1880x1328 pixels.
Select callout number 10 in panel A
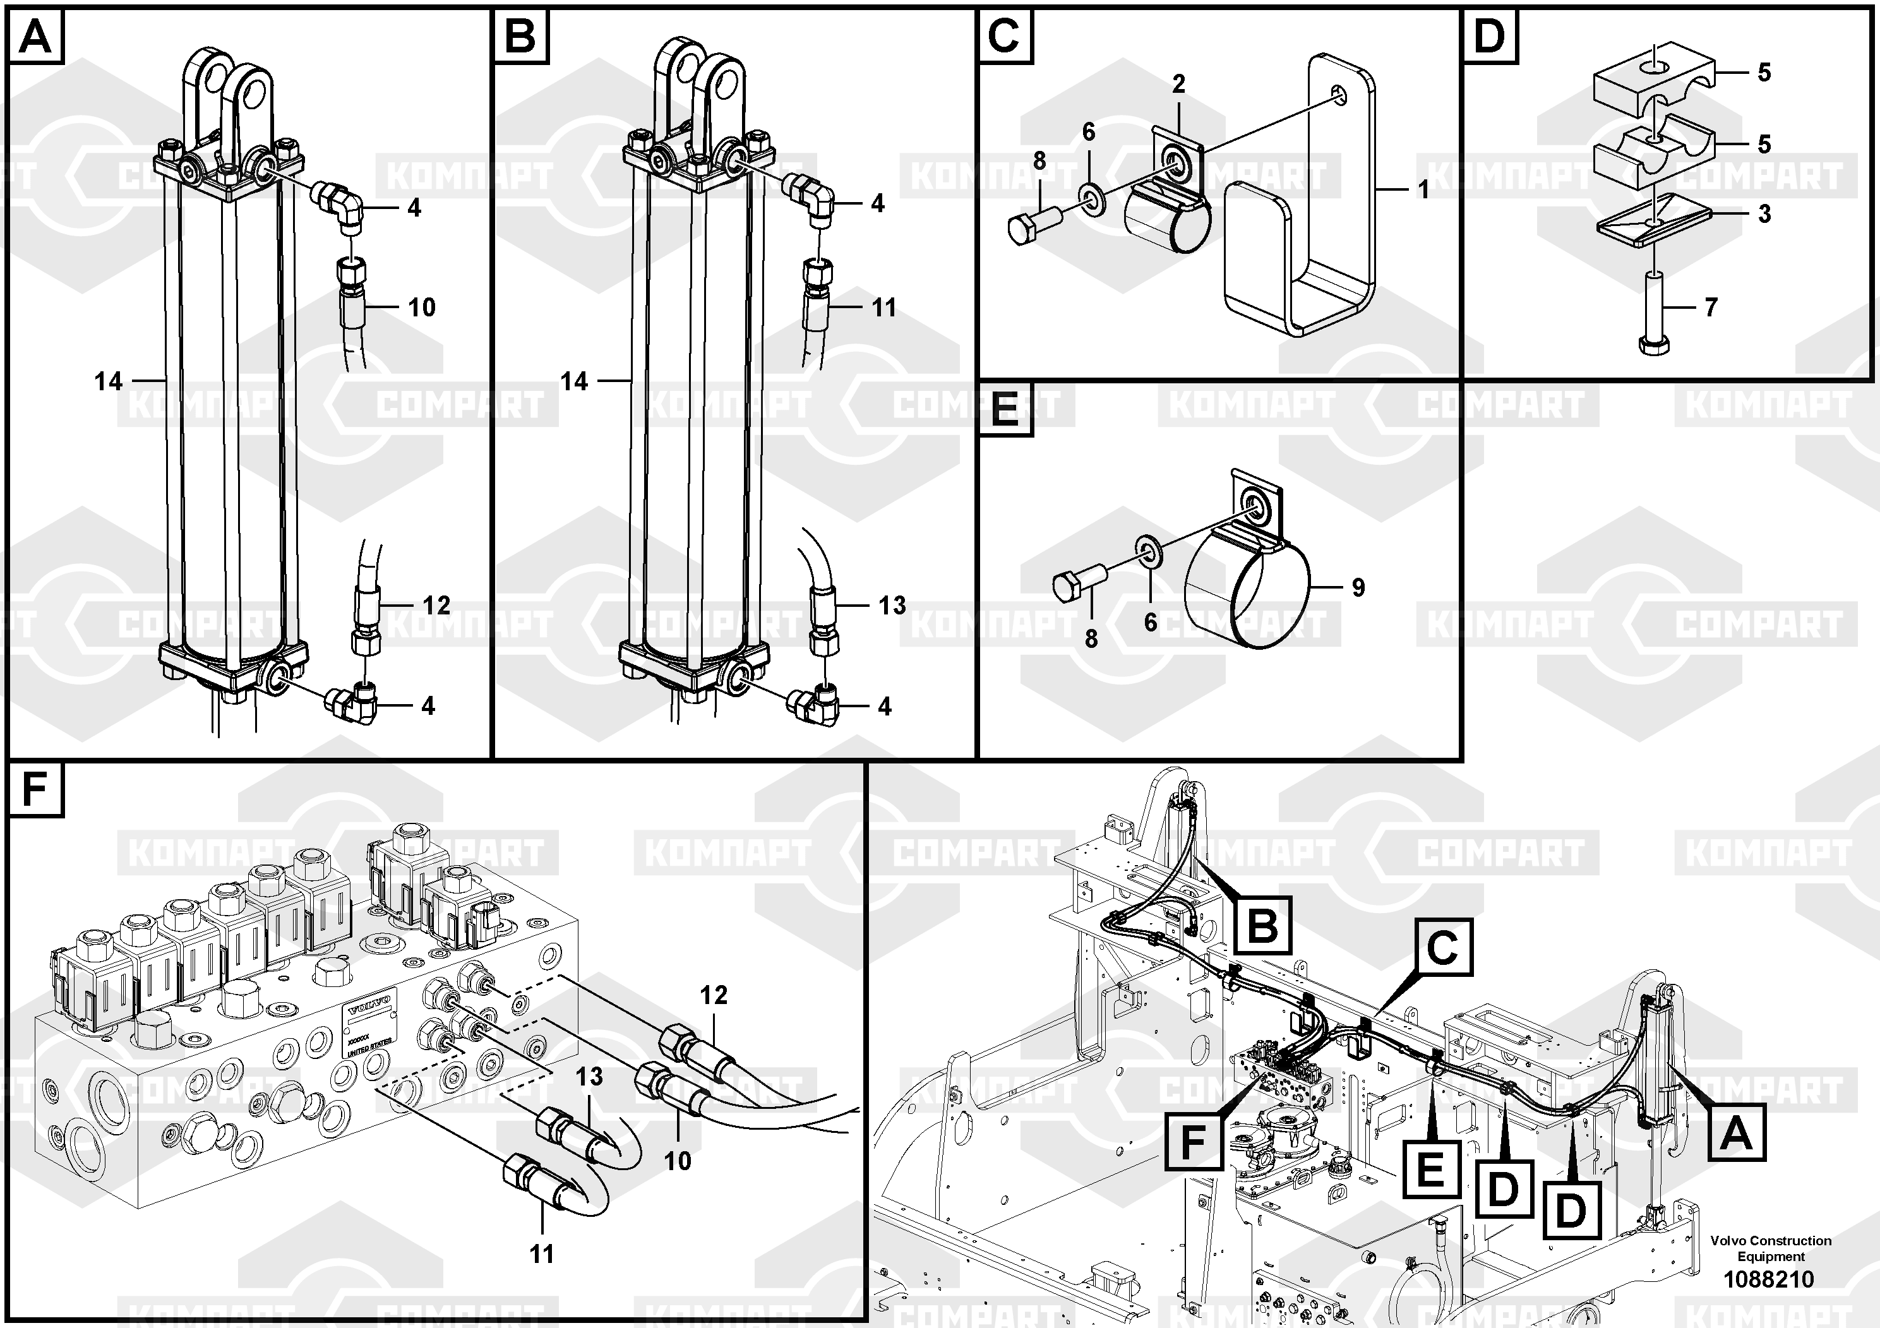point(422,308)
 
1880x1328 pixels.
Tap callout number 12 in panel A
point(436,605)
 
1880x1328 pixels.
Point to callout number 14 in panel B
point(574,381)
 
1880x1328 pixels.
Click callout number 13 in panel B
point(892,605)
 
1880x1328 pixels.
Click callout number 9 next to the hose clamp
point(1358,587)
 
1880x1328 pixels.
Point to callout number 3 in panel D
point(1764,213)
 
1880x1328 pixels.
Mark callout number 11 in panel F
point(541,1253)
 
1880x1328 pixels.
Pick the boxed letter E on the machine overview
point(1430,1168)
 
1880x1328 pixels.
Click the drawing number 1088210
point(1769,1279)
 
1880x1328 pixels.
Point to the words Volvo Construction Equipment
point(1770,1248)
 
